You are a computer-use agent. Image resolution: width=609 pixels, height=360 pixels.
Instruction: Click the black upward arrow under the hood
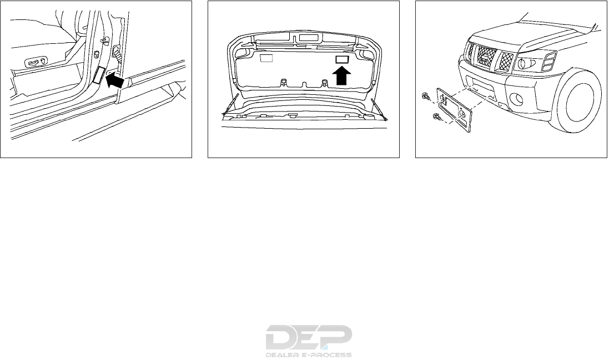point(342,75)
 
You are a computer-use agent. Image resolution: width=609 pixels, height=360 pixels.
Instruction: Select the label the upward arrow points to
point(342,58)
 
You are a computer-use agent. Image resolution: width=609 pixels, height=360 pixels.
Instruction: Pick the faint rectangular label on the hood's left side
point(267,58)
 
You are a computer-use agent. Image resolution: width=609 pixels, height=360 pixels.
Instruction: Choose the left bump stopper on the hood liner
point(284,83)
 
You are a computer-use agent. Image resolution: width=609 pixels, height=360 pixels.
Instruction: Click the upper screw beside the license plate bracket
point(425,97)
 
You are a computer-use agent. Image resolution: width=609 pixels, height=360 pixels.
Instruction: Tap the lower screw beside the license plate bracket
point(436,118)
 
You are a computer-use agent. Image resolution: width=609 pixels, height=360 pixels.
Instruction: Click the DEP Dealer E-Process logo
point(309,340)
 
